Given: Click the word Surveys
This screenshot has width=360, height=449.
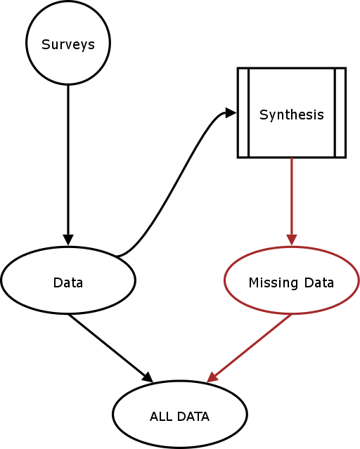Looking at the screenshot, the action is [x=68, y=45].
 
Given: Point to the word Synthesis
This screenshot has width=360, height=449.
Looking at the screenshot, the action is [x=292, y=115].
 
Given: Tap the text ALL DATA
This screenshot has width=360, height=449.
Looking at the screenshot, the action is [x=180, y=417].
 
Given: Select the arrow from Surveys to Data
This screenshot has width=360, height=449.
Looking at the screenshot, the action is [x=68, y=165].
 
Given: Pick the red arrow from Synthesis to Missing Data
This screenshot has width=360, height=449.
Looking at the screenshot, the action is [x=292, y=201].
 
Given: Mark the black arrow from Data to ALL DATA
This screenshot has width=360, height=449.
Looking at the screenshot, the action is [x=110, y=348].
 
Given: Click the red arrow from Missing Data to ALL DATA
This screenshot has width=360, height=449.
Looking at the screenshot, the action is [x=249, y=348].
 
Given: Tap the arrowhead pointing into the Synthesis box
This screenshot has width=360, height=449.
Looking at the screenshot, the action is [x=231, y=112].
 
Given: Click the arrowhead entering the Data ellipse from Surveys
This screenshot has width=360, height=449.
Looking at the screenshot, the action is [x=68, y=240].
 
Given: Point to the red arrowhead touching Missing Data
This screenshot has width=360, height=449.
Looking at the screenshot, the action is [x=292, y=240].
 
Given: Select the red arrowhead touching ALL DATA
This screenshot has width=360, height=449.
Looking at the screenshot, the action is [x=212, y=377].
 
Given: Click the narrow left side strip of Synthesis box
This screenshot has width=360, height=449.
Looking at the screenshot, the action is [x=243, y=112].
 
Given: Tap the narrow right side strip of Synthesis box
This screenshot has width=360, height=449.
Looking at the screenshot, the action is [x=340, y=112].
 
